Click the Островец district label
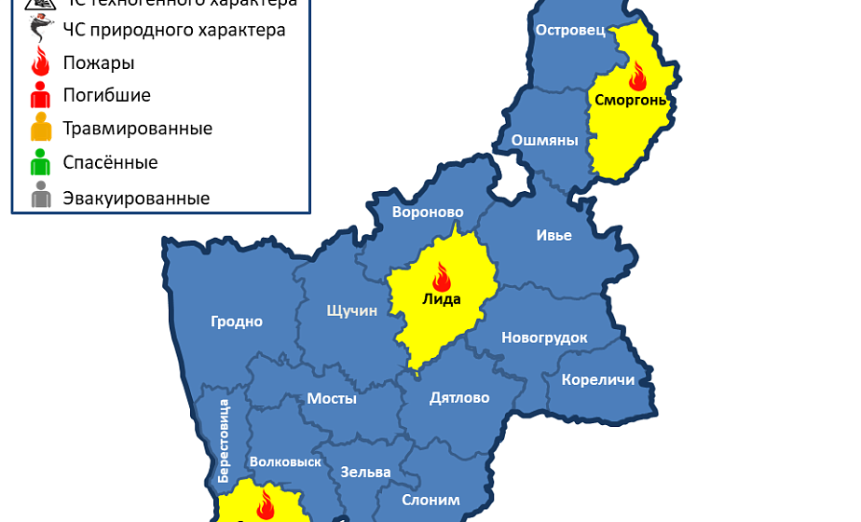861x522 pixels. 570,30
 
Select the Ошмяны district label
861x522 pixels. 544,141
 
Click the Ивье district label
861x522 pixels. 553,235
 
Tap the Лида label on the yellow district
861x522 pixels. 442,298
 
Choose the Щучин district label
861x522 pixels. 351,310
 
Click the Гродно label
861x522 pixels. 236,322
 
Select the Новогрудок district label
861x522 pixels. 544,337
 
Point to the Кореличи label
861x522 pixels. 597,379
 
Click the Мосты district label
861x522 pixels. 332,398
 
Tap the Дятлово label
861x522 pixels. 458,398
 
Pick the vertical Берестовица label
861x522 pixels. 224,440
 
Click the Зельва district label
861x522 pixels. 365,472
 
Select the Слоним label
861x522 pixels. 430,500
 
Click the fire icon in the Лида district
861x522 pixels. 442,276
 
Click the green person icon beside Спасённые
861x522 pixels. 40,163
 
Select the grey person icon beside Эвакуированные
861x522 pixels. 40,198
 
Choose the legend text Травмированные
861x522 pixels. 137,129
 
